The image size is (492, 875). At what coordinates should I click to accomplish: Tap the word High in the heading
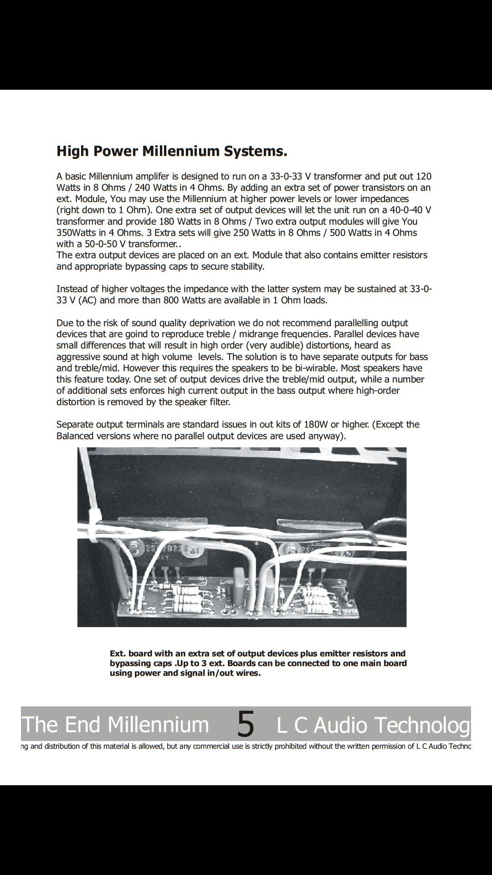point(73,151)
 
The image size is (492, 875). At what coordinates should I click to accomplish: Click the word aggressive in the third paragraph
point(78,357)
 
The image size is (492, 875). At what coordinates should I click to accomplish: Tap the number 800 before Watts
point(171,300)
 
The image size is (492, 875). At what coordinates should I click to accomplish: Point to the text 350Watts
point(76,232)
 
